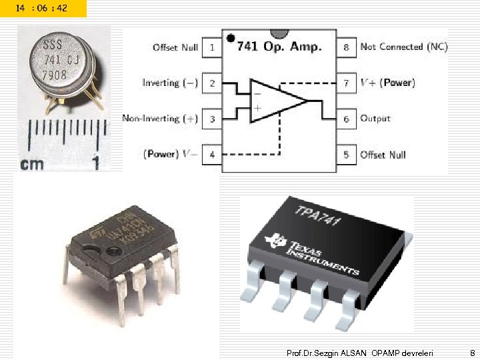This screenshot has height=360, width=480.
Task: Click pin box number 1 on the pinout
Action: point(211,48)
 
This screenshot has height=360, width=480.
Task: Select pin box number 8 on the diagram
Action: point(346,48)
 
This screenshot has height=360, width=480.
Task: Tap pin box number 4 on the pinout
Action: point(211,155)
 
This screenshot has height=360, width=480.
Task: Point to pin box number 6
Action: point(346,119)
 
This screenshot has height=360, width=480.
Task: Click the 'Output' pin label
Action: point(375,119)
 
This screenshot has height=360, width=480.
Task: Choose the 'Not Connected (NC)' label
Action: point(404,47)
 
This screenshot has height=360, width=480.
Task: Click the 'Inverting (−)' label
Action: point(170,83)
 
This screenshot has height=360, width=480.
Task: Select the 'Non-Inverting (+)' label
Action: point(160,119)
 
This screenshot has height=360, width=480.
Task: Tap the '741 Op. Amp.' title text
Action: point(279,46)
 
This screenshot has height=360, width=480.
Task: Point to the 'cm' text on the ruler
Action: point(32,163)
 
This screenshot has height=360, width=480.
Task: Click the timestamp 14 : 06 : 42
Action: point(42,7)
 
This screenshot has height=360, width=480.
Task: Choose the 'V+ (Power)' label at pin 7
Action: point(387,83)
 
